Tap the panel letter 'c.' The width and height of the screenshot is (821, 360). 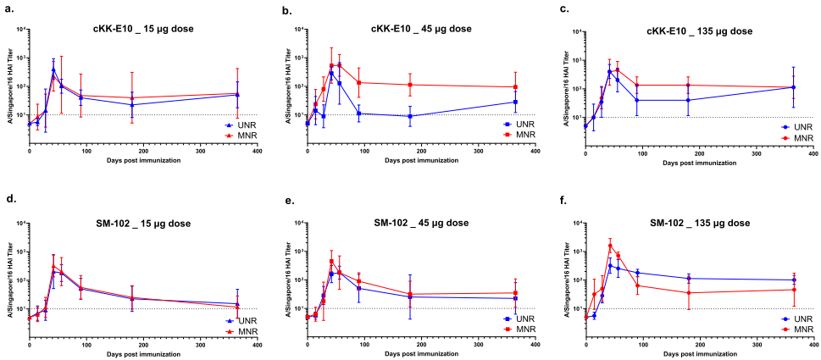(563, 9)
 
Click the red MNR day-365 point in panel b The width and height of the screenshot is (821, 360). (515, 87)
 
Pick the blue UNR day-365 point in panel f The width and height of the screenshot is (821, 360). (793, 280)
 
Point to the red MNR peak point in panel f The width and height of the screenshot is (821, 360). (610, 246)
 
